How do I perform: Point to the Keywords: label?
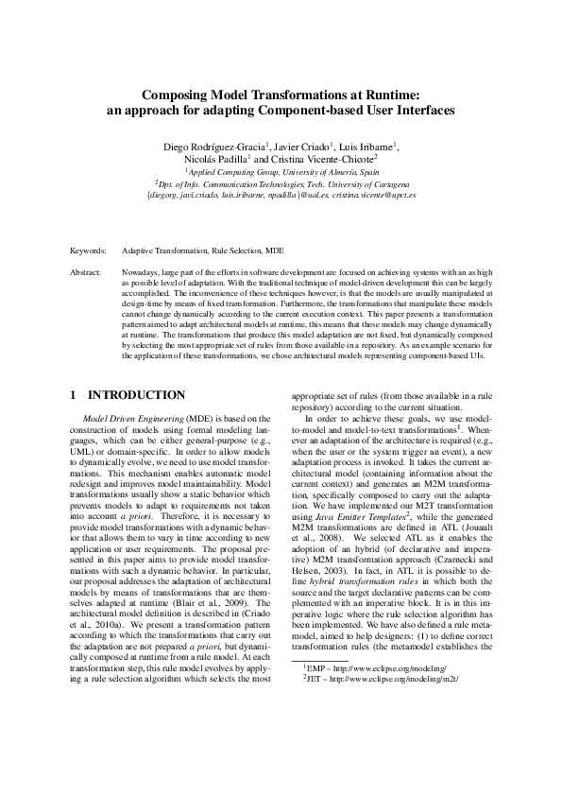point(89,251)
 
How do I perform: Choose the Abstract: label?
point(86,271)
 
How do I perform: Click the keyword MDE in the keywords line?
point(274,251)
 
